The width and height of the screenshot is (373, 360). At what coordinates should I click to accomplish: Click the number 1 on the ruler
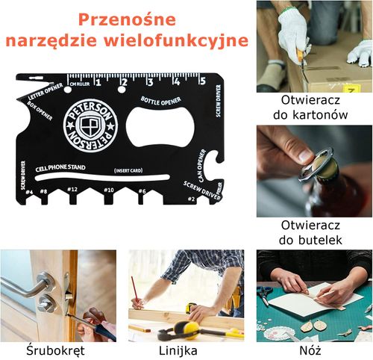pyautogui.click(x=96, y=81)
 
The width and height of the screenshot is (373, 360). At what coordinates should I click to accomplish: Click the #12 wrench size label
pyautogui.click(x=72, y=190)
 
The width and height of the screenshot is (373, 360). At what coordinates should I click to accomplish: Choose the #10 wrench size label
pyautogui.click(x=109, y=190)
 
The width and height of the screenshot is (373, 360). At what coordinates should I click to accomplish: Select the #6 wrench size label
pyautogui.click(x=142, y=190)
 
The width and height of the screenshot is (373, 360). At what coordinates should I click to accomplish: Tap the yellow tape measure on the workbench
pyautogui.click(x=186, y=329)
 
